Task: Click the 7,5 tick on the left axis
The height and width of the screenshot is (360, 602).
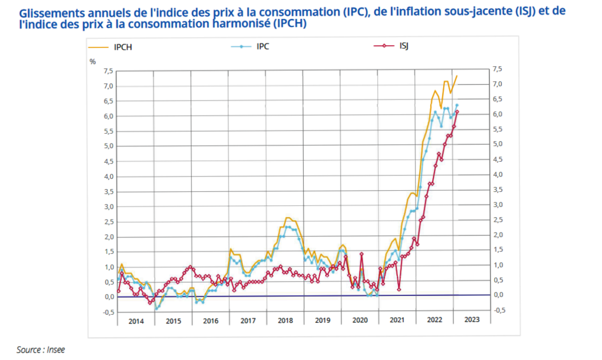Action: (108, 71)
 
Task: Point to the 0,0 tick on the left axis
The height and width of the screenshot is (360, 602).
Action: (108, 297)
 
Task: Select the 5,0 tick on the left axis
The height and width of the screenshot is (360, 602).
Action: (108, 147)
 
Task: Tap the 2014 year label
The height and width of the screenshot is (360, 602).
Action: (136, 321)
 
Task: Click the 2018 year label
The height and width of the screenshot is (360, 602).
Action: (285, 321)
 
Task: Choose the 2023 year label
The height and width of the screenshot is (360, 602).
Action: (472, 321)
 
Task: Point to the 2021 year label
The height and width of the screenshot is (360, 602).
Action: (397, 321)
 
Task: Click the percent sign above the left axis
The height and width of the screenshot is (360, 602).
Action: (93, 61)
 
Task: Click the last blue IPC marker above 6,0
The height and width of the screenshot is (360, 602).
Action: (457, 105)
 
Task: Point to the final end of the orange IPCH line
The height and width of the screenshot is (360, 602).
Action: (457, 76)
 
